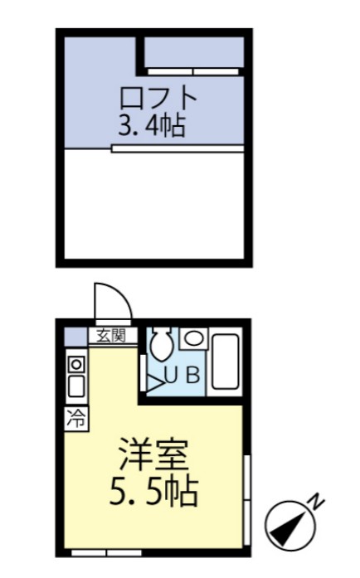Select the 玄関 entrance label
point(110,336)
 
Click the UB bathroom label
point(182,376)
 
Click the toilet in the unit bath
point(162,343)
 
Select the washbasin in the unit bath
point(193,338)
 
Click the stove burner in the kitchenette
point(75,364)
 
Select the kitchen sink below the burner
point(75,386)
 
